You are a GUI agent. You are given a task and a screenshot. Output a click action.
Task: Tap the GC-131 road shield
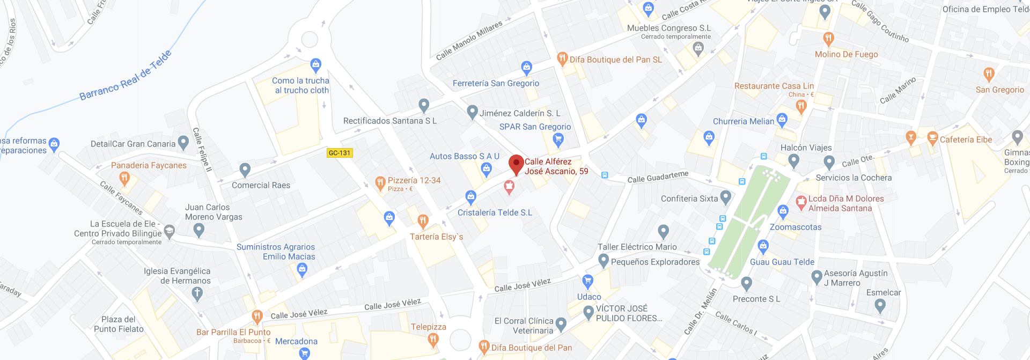pos(340,153)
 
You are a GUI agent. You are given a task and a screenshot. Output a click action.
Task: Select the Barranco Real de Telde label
pos(126,76)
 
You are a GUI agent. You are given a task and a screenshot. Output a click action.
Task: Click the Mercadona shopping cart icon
pos(305,352)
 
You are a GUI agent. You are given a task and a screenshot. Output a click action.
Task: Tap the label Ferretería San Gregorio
pos(496,83)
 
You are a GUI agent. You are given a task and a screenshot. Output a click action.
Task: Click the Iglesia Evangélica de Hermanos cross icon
pos(197,293)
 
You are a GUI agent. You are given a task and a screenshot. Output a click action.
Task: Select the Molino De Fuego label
pos(846,54)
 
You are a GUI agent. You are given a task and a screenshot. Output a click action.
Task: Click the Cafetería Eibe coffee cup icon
pos(932,138)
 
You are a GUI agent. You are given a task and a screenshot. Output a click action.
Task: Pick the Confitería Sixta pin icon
pos(726,197)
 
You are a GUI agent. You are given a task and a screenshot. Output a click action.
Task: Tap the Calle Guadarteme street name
pos(658,177)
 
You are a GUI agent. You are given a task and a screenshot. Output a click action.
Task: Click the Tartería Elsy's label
pos(436,237)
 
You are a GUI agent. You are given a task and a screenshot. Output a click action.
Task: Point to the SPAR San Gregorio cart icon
pos(558,140)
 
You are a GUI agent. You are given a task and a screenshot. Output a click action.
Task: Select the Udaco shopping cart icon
pos(588,281)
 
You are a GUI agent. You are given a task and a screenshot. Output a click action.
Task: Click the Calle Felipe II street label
pos(202,150)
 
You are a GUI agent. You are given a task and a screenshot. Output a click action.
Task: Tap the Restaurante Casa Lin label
pos(774,86)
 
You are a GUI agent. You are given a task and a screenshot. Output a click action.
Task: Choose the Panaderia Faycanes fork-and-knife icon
pos(124,178)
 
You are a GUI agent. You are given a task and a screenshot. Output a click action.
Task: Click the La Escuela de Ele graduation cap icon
pos(170,231)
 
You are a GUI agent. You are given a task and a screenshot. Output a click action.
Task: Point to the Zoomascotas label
pos(795,227)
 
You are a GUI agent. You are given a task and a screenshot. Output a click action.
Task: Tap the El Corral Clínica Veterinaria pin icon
pos(561,324)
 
